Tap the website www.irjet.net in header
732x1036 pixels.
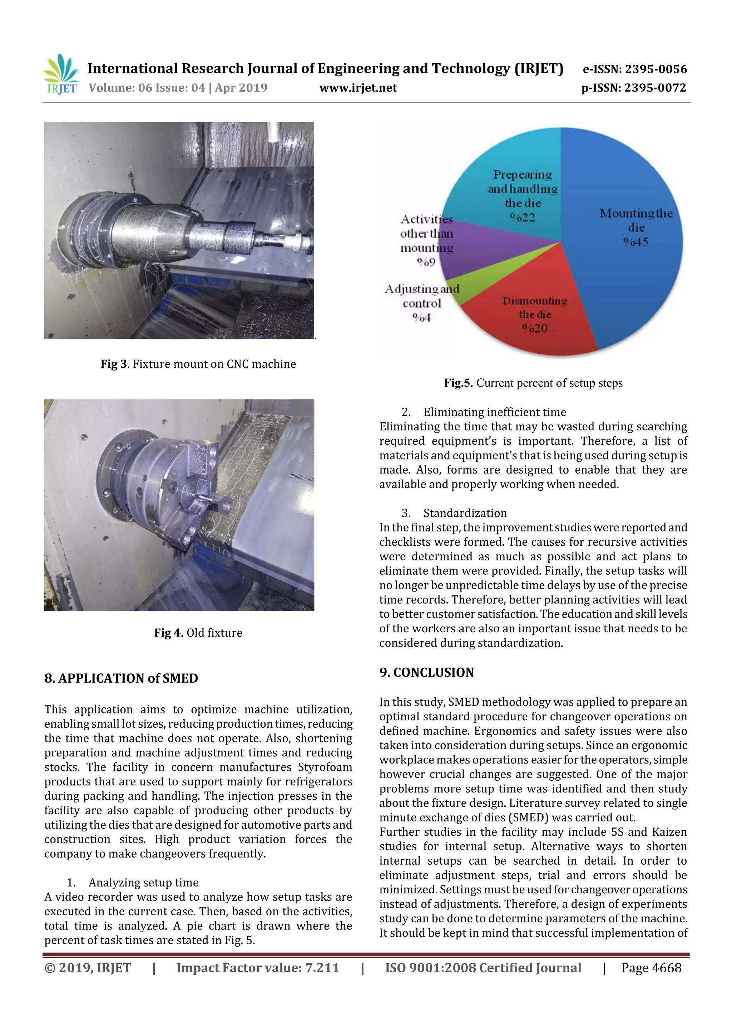pyautogui.click(x=358, y=88)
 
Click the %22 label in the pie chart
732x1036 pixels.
pyautogui.click(x=523, y=217)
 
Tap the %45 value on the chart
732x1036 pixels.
pyautogui.click(x=636, y=242)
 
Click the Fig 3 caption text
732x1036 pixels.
pyautogui.click(x=198, y=364)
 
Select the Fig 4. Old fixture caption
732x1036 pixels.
pyautogui.click(x=198, y=633)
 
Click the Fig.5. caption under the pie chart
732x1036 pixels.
pyautogui.click(x=533, y=383)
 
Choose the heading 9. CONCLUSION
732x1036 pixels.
pyautogui.click(x=427, y=672)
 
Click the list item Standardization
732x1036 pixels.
pyautogui.click(x=465, y=513)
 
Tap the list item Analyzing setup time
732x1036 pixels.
pyautogui.click(x=143, y=883)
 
